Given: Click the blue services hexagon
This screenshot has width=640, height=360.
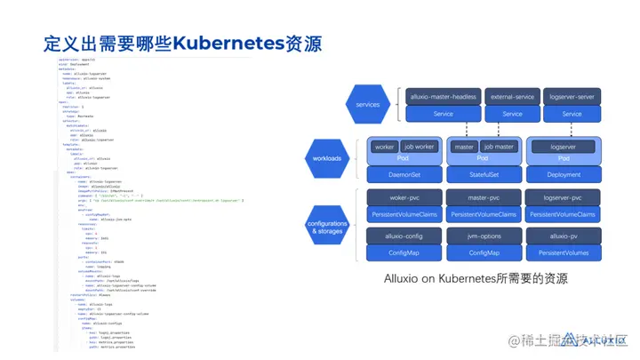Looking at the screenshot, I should tap(368, 104).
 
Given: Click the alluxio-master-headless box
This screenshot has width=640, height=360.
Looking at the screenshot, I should tap(443, 96).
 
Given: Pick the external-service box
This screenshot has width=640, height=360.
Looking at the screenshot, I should tap(512, 96).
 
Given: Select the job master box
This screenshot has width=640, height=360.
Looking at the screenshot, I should tap(500, 147).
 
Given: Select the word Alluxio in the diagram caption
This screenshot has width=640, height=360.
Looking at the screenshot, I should tap(404, 278).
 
